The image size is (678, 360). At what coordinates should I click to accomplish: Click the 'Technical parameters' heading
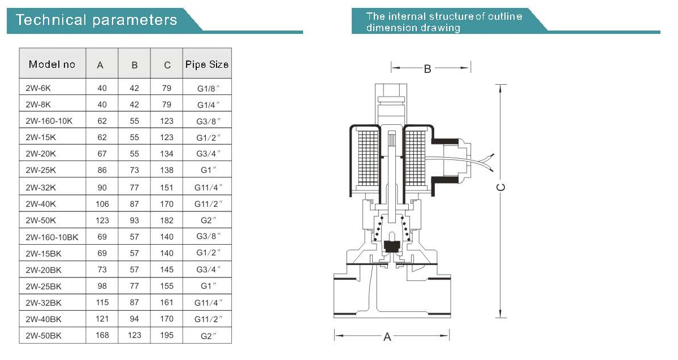point(96,20)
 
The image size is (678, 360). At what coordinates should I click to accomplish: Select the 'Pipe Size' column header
point(207,64)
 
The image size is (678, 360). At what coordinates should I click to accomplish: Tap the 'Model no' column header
point(52,64)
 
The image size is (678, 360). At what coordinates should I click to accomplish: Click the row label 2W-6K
point(38,88)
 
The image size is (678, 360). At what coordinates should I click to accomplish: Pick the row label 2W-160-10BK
point(52,237)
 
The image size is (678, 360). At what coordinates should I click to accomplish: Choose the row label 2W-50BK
point(43,335)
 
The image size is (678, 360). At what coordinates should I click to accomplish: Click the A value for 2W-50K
point(102,220)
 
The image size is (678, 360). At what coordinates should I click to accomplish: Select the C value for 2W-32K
point(166,188)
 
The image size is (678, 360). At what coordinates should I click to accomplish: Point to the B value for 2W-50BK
point(135,335)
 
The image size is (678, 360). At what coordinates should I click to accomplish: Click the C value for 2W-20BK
point(166,270)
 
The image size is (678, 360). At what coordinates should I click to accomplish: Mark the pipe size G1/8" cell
point(208,88)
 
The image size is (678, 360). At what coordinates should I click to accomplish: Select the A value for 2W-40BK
point(102,319)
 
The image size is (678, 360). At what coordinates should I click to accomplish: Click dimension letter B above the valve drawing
point(427,69)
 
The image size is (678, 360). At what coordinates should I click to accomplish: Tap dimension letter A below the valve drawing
point(387,337)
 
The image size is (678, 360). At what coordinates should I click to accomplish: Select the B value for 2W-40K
point(135,204)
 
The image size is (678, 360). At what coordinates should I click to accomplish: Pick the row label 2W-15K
point(41,137)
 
